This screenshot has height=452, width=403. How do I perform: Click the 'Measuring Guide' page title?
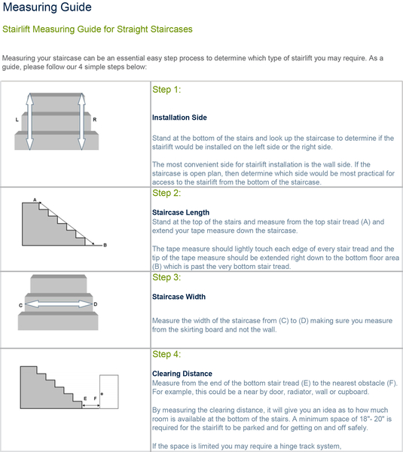[x=48, y=8]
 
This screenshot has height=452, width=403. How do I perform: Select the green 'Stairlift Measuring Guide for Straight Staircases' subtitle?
[x=97, y=29]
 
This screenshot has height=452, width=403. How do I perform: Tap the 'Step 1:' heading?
[x=166, y=90]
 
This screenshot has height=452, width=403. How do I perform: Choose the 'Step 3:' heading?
[x=166, y=277]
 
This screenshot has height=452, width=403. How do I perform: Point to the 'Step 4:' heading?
[x=166, y=354]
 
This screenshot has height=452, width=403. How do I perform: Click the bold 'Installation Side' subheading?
[x=179, y=118]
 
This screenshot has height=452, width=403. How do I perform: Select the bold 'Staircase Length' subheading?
[x=181, y=212]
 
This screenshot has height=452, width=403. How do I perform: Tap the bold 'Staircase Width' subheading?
[x=179, y=297]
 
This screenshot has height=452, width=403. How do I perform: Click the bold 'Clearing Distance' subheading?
[x=182, y=374]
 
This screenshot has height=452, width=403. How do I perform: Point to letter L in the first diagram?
[x=17, y=120]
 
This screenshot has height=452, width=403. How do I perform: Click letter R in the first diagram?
[x=94, y=120]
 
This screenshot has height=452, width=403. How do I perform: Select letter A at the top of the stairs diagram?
[x=35, y=199]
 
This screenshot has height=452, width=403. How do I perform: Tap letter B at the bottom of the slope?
[x=105, y=246]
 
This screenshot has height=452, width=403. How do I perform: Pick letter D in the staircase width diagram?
[x=95, y=304]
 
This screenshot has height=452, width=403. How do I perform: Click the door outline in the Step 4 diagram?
[x=108, y=390]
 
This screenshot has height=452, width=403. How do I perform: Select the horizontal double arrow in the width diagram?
[x=57, y=304]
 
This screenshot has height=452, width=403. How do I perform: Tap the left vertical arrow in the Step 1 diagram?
[x=30, y=121]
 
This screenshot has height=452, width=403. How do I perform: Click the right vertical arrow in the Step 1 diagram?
[x=81, y=121]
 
